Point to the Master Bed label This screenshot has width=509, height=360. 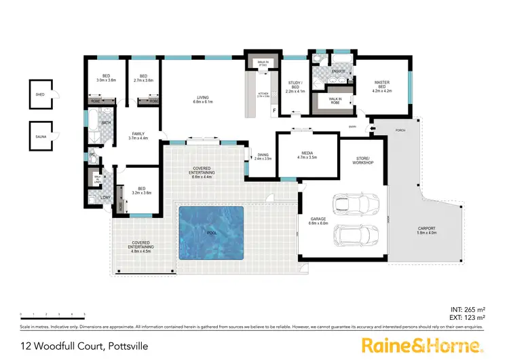click(x=381, y=86)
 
